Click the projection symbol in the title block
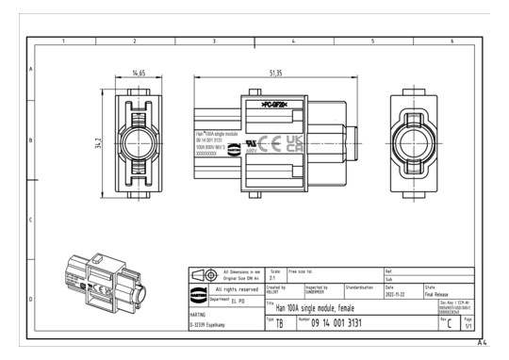pos(204,274)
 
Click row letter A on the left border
pos(32,70)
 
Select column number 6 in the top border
pos(452,41)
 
